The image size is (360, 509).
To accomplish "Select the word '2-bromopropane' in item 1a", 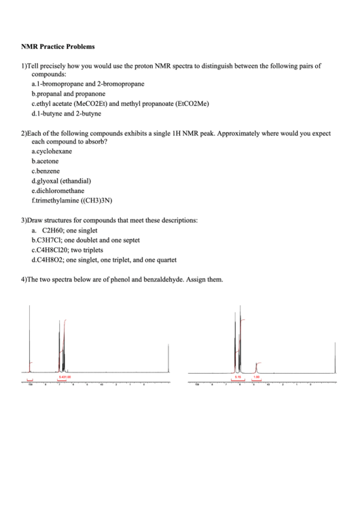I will (x=122, y=84).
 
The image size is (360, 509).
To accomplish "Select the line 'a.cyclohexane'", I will (x=52, y=152).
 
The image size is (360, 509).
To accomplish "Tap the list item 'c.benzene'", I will (x=46, y=171).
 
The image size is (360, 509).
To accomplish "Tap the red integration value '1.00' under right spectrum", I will (x=256, y=376).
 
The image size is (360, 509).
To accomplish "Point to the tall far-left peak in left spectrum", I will (x=30, y=340).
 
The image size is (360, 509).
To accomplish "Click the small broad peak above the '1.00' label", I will (x=256, y=366).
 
